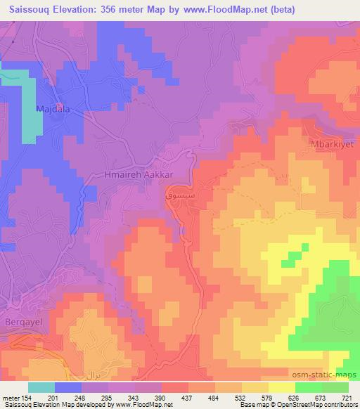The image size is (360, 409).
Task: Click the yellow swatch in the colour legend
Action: pos(282,387)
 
